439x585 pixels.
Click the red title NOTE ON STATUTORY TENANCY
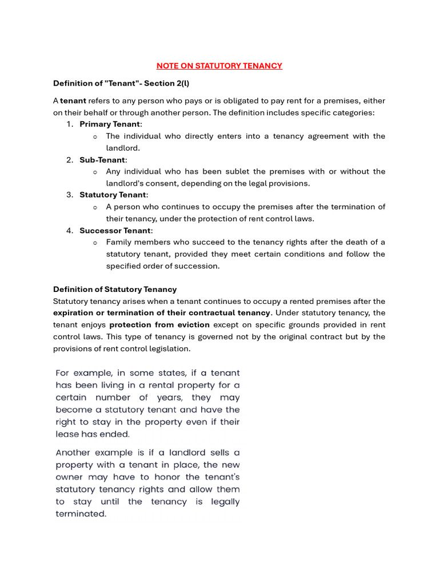[219, 66]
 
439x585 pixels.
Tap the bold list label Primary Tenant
[110, 124]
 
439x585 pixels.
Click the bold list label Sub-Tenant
[102, 160]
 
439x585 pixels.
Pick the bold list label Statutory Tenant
[113, 195]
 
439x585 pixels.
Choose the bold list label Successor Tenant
[115, 231]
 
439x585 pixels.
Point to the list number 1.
[69, 124]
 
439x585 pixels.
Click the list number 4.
[69, 231]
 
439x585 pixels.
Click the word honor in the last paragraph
[161, 476]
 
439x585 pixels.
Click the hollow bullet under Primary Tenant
[95, 137]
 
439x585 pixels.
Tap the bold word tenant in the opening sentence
[73, 101]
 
